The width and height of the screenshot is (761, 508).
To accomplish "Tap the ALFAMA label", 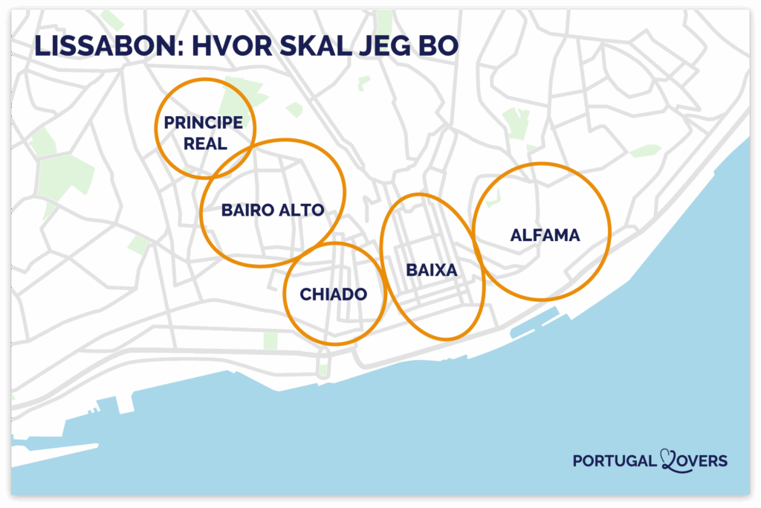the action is (545, 235).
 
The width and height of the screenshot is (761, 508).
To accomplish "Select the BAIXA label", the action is (431, 271).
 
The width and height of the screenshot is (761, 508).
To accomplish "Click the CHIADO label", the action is (333, 295).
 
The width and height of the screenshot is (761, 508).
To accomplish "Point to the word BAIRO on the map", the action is (246, 210).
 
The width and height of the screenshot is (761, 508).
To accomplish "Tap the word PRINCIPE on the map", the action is (204, 123).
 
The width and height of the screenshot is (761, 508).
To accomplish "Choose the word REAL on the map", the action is (205, 144).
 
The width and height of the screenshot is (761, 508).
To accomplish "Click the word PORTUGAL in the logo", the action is (615, 461).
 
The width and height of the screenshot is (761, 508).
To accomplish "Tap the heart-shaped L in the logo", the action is (668, 461).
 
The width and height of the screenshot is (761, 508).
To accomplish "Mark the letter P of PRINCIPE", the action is (169, 123).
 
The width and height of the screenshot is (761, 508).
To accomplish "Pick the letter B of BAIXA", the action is (411, 271).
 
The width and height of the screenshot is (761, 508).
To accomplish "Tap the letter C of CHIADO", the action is (305, 295).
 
